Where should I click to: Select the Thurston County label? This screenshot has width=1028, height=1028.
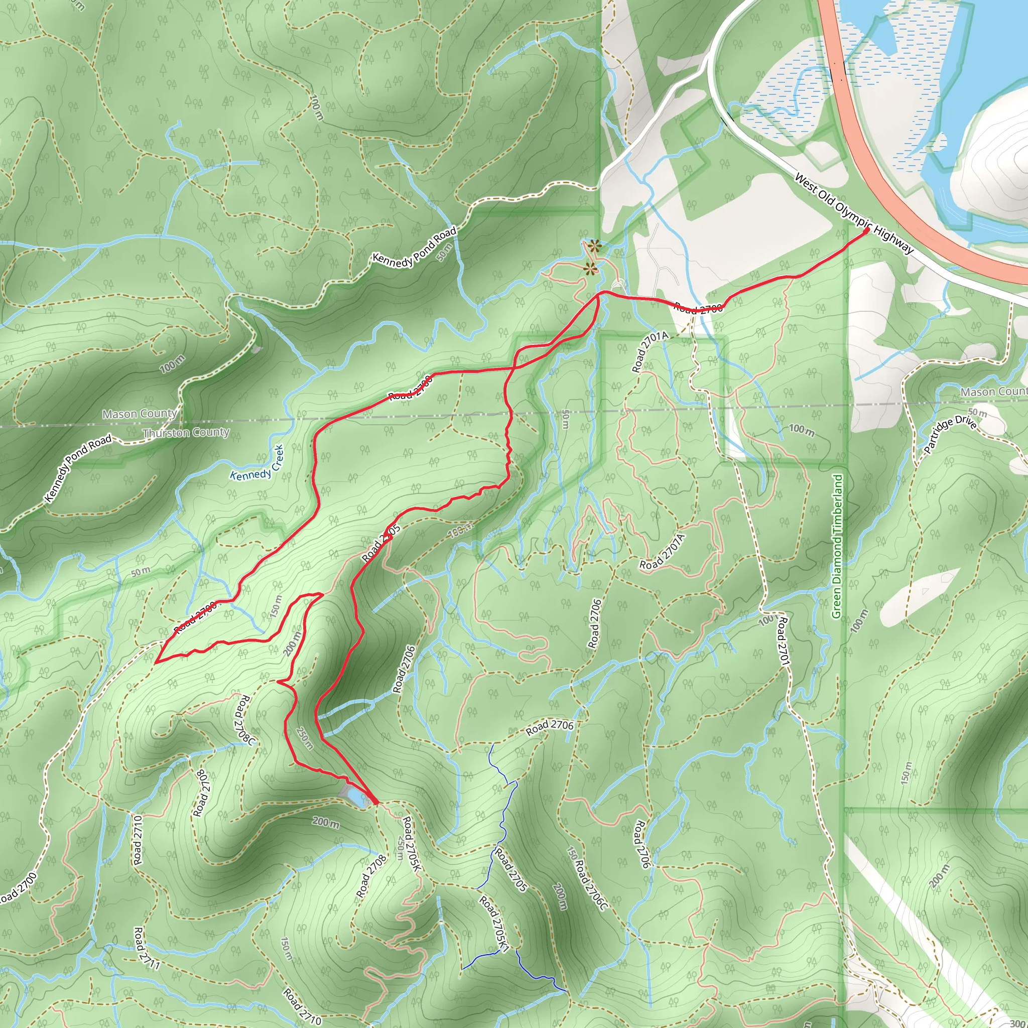pos(186,433)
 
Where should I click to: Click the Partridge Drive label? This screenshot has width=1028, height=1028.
pos(950,434)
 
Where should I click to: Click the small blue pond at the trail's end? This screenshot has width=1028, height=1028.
pos(354,796)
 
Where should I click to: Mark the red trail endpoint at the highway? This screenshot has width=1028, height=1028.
pos(866,230)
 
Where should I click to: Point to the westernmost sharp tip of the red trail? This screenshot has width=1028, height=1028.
pos(156,662)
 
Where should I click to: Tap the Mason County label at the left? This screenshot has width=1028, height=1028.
pos(140,414)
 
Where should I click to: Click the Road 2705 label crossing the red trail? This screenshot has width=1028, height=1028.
pos(381,543)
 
